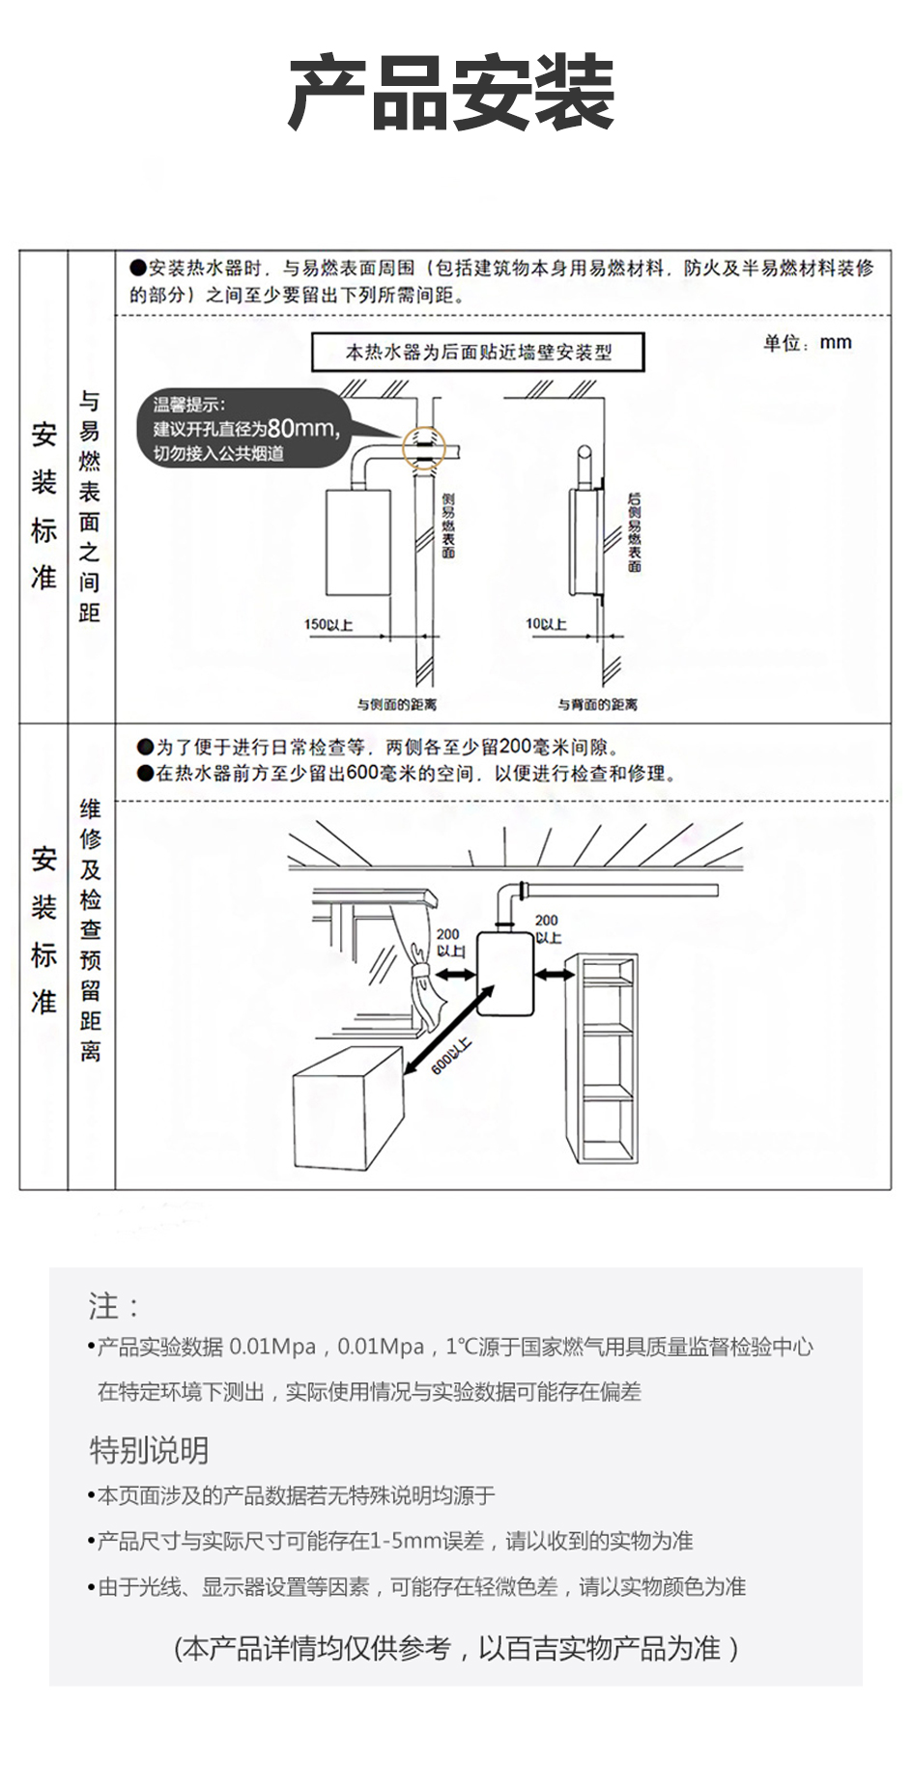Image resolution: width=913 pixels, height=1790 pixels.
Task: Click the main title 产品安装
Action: [452, 94]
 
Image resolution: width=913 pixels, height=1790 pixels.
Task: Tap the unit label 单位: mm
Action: [807, 343]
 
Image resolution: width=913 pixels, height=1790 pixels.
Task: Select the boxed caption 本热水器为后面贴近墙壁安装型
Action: [478, 353]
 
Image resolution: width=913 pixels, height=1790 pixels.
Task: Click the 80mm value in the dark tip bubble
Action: [301, 428]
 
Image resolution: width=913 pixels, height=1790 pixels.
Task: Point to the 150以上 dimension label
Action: [328, 625]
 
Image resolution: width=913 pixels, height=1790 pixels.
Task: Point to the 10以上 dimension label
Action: [546, 624]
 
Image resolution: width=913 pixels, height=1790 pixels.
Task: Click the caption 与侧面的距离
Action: [397, 704]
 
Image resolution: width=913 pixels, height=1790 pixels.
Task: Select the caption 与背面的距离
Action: [597, 704]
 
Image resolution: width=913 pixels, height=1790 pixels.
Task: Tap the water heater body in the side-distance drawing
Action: [357, 542]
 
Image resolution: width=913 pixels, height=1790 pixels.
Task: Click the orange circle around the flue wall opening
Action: [425, 447]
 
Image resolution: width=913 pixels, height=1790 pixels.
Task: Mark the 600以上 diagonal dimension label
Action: [451, 1055]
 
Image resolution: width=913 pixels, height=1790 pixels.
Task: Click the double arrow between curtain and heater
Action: [455, 975]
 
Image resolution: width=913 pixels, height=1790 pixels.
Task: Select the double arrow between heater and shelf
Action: [554, 975]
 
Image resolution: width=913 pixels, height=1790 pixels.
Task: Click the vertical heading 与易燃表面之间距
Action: [90, 507]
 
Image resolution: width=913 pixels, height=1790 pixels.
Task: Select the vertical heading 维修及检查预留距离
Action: [90, 930]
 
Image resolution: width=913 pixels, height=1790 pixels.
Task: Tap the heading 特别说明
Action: [149, 1450]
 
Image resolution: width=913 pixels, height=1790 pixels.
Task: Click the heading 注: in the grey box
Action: [114, 1306]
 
